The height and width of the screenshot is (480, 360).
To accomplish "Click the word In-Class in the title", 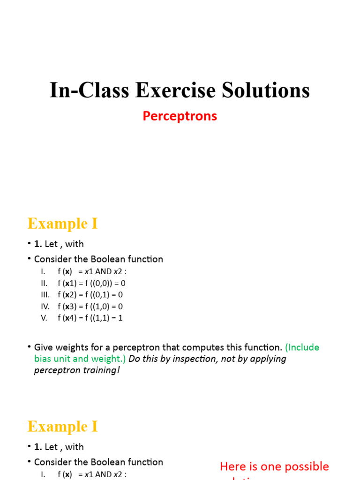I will (x=90, y=90).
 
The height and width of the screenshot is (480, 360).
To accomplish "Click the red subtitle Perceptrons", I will (x=180, y=116).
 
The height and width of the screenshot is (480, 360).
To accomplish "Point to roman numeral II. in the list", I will (x=45, y=283).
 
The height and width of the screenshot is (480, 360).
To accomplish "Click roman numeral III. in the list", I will (x=45, y=295).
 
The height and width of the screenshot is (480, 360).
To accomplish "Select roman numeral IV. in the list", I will (x=45, y=306).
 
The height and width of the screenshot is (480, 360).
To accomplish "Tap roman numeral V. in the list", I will (x=44, y=318).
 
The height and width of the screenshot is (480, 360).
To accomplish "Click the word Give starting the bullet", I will (x=44, y=347).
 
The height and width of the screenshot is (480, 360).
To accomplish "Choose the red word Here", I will (x=233, y=466).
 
